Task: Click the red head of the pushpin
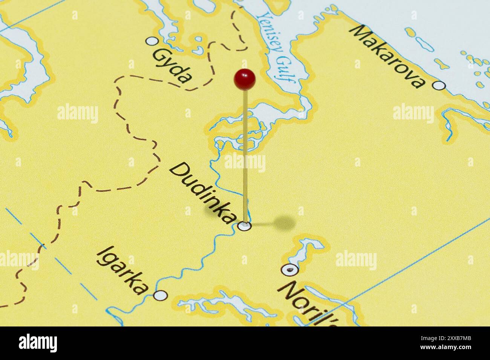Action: (x=245, y=79)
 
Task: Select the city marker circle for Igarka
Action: (x=161, y=295)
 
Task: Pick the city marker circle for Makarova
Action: (x=438, y=85)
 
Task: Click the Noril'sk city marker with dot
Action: (x=289, y=269)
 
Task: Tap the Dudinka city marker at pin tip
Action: (x=245, y=226)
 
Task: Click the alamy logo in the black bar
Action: (x=38, y=343)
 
